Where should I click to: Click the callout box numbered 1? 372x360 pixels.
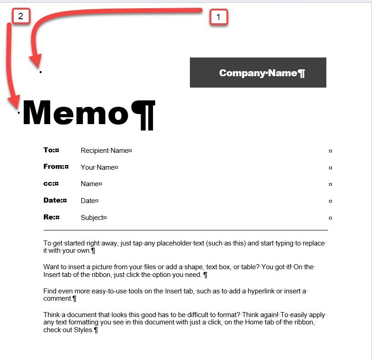pyautogui.click(x=218, y=17)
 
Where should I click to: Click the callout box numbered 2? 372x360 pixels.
pyautogui.click(x=21, y=17)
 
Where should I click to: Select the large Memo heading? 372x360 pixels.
pyautogui.click(x=76, y=113)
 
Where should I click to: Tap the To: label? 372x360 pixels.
pyautogui.click(x=49, y=150)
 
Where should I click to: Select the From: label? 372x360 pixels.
pyautogui.click(x=53, y=167)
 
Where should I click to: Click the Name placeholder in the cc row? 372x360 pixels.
pyautogui.click(x=89, y=184)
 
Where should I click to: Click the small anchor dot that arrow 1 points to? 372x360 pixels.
pyautogui.click(x=41, y=72)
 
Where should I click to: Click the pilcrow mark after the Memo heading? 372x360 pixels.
pyautogui.click(x=143, y=114)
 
